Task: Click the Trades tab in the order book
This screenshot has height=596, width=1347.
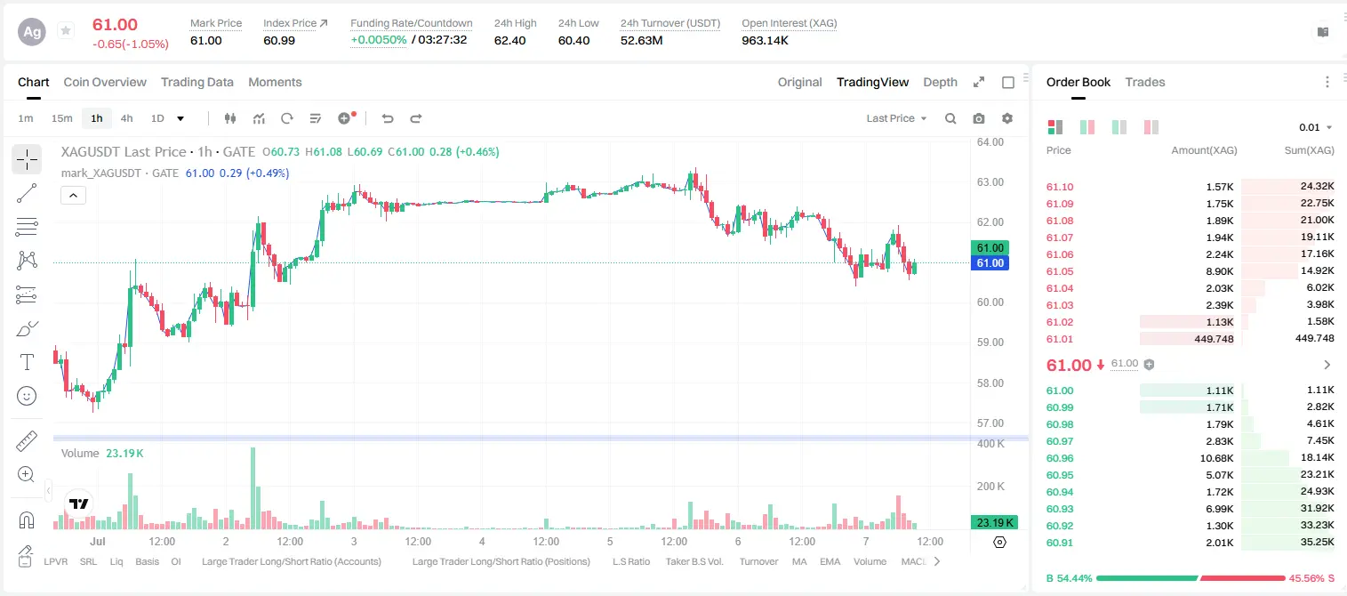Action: (1145, 82)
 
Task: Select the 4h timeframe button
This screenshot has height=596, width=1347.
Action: (126, 118)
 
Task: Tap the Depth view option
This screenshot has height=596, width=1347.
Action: (940, 82)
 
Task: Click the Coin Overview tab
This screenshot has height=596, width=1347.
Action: (105, 82)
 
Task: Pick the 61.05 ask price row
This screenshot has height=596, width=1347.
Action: (1060, 271)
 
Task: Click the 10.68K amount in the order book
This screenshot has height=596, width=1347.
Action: (1216, 458)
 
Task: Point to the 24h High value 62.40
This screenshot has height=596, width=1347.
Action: (509, 40)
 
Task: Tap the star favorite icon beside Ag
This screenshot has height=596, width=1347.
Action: (66, 30)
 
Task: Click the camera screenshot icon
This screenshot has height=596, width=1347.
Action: (979, 118)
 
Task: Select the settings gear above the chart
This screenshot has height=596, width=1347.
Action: (1007, 118)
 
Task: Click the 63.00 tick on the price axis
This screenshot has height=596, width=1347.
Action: (990, 182)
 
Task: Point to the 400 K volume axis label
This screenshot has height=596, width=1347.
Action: (990, 444)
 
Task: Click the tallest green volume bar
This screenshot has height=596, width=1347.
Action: (253, 488)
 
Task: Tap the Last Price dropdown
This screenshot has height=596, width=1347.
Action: (896, 118)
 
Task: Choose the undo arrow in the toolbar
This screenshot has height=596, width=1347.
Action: (388, 118)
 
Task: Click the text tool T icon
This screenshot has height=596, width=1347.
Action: (27, 362)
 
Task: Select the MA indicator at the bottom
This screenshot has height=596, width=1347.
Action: (799, 561)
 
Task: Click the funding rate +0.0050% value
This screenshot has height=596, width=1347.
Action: (378, 40)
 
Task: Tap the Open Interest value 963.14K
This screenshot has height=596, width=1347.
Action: (765, 40)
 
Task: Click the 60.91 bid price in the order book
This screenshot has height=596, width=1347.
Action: (1060, 543)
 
